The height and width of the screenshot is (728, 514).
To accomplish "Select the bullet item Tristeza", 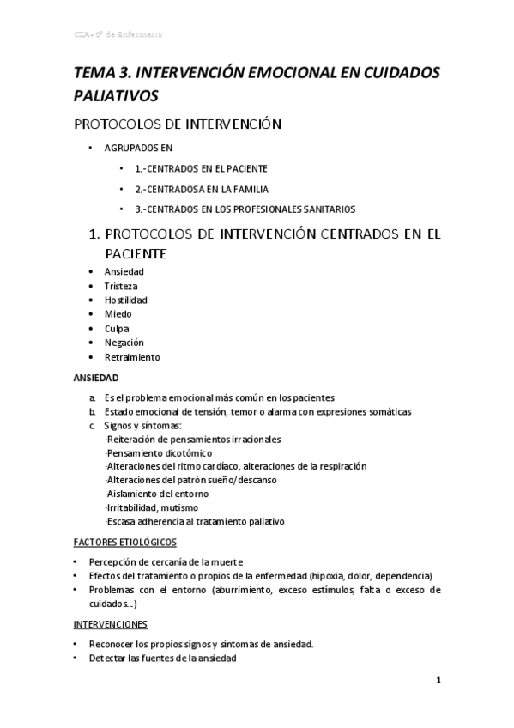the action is (x=121, y=286).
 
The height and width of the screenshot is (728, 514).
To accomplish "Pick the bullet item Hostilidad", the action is (x=126, y=300).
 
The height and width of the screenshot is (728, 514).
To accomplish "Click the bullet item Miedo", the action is (x=118, y=314).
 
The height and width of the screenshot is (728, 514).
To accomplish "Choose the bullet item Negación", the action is (x=124, y=343).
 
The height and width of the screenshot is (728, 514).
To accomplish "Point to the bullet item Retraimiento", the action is (x=132, y=357).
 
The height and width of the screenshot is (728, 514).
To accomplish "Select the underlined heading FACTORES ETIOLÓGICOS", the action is (x=124, y=542).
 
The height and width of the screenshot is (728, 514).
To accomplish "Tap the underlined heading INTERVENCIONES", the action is (x=111, y=624).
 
